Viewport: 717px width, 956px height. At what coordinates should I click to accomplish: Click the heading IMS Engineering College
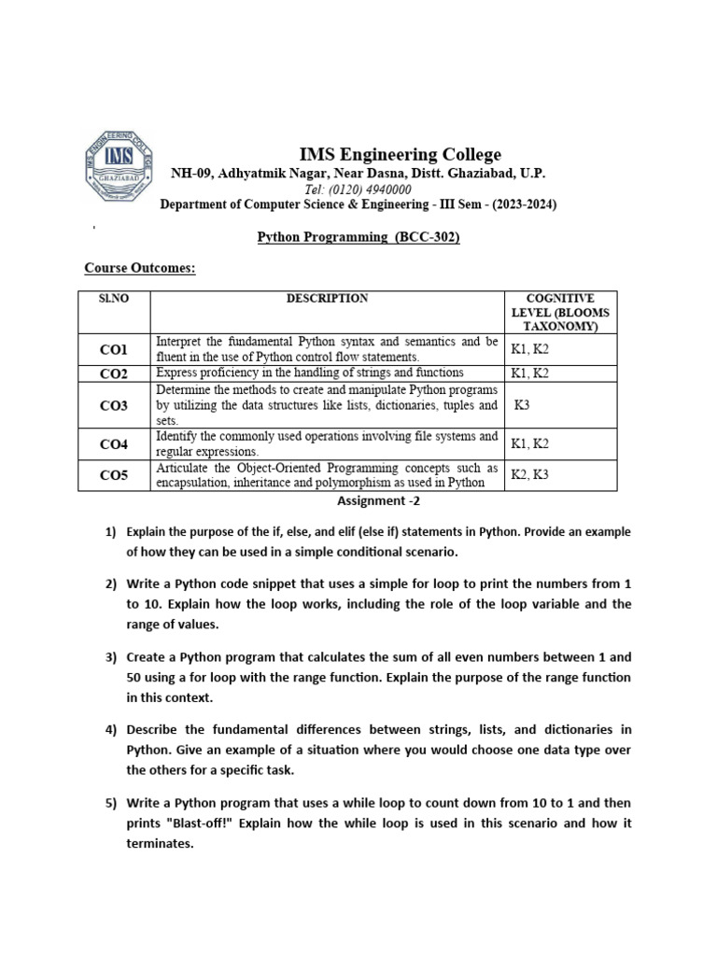pyautogui.click(x=400, y=154)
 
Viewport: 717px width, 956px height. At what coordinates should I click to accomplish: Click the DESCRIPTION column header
pyautogui.click(x=327, y=299)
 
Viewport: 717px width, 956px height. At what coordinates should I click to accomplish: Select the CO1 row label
pyautogui.click(x=113, y=350)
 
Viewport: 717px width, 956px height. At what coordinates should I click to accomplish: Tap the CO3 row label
pyautogui.click(x=113, y=406)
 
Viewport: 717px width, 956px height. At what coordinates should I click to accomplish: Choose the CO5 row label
pyautogui.click(x=113, y=475)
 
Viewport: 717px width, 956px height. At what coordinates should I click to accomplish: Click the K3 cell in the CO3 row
pyautogui.click(x=526, y=406)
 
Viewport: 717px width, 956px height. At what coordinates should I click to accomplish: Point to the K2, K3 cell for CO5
pyautogui.click(x=530, y=475)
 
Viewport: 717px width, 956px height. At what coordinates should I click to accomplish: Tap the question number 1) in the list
pyautogui.click(x=109, y=532)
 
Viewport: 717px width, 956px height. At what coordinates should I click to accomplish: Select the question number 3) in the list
pyautogui.click(x=109, y=656)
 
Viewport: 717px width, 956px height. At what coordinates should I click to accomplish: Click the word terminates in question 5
pyautogui.click(x=160, y=843)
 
